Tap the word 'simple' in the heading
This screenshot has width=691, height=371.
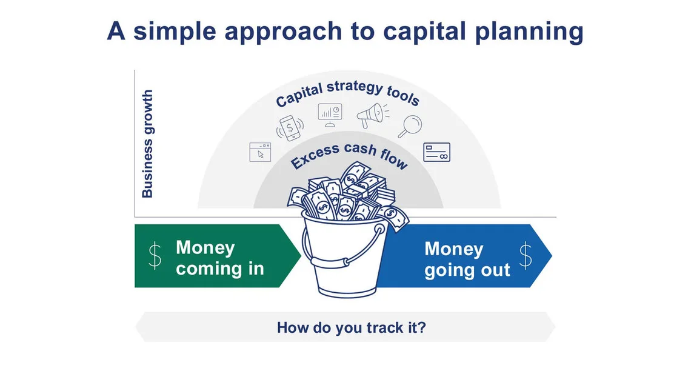tap(178, 31)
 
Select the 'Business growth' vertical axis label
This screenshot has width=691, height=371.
tap(147, 144)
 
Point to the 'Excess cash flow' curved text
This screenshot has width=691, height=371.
tap(349, 155)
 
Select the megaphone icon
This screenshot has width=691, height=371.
tap(371, 115)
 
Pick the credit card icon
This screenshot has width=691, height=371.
tap(436, 152)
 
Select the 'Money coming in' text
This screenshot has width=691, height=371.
tap(219, 258)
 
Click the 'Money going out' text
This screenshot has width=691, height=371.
tap(467, 259)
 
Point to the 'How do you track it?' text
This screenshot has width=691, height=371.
tap(351, 327)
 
